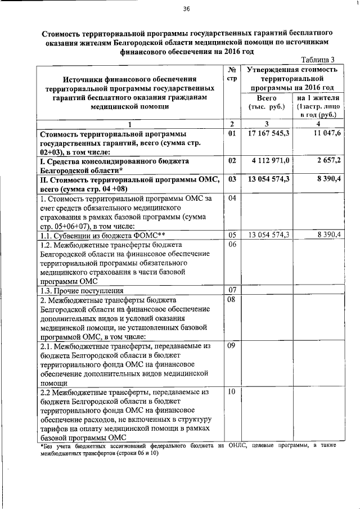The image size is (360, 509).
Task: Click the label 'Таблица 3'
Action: [318, 60]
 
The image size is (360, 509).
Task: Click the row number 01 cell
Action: [231, 133]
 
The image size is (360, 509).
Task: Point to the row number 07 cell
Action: [231, 290]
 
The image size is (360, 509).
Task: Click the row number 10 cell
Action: [231, 391]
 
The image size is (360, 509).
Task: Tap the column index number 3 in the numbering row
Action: [267, 124]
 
